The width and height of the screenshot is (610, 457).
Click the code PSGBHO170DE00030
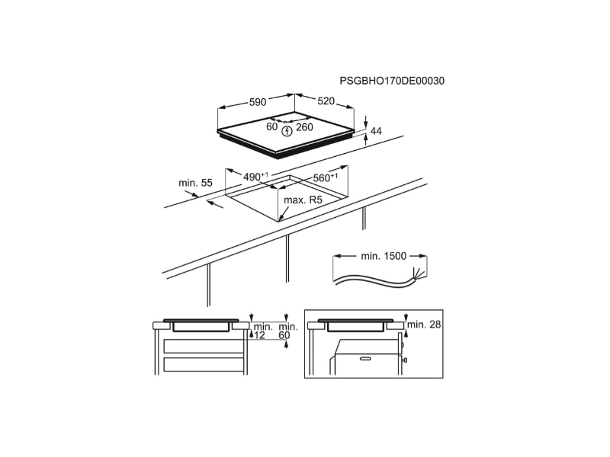pos(391,80)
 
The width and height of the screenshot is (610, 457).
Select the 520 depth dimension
pos(325,101)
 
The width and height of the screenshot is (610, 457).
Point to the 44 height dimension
pos(376,132)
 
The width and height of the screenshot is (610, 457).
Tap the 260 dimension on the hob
pos(305,127)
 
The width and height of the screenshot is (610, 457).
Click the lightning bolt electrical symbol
pos(287,131)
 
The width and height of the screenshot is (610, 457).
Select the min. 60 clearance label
pos(285,331)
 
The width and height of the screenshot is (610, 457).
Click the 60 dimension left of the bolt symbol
pos(271,127)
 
